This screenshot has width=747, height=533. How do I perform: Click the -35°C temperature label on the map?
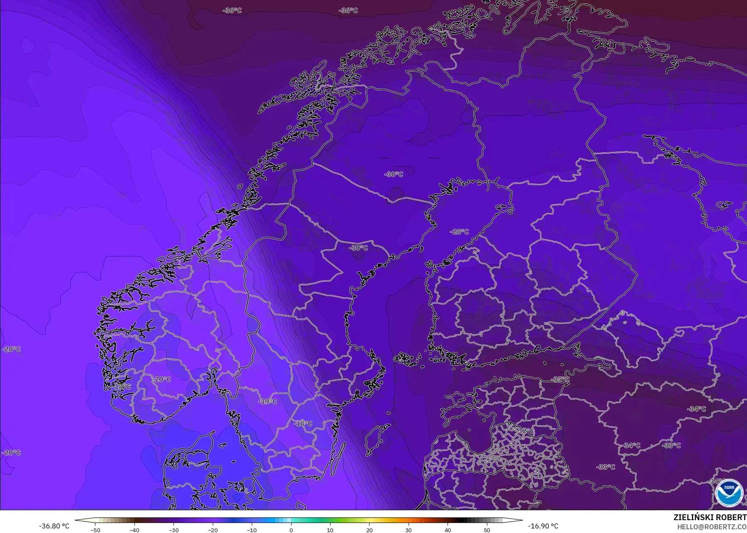pos(560,379)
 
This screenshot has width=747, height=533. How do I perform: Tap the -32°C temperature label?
pos(526,431)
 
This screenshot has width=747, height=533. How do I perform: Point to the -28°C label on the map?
pos(459,232)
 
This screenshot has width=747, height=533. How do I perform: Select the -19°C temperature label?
pos(268,401)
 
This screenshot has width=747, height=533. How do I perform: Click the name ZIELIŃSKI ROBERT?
pos(710,518)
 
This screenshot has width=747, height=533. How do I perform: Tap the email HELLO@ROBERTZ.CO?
pos(712,527)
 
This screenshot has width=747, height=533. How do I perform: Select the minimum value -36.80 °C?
pos(54,526)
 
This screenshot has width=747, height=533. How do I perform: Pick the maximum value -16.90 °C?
pos(543,526)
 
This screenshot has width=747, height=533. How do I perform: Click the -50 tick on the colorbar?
pos(95,530)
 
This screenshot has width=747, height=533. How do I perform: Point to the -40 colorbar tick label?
pos(134,530)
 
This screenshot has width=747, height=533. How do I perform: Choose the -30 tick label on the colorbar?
pos(173,530)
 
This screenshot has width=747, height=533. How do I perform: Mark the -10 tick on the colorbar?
pos(252,530)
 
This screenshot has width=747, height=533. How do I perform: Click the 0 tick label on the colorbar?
pos(291,530)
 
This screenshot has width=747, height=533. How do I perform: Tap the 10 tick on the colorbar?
pos(330,530)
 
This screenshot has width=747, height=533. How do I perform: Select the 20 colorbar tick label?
pos(369,530)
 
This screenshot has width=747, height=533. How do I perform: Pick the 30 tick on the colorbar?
pos(409,530)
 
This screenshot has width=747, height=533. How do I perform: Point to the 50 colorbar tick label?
pos(487,530)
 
